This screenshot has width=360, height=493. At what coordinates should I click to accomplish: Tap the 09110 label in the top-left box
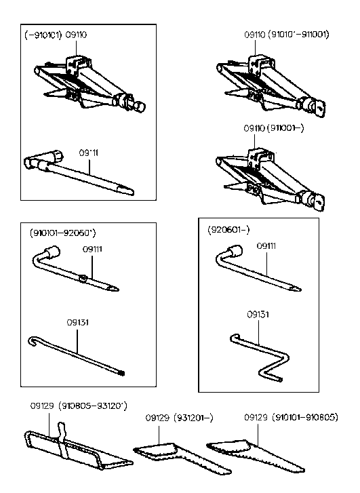tap(76, 35)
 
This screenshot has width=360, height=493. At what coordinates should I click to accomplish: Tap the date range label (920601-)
tap(228, 231)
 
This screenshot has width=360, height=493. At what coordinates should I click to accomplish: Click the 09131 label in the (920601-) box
tap(258, 315)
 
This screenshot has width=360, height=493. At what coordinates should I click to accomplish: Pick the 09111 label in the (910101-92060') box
tap(92, 250)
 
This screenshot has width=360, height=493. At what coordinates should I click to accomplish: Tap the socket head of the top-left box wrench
tap(33, 163)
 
